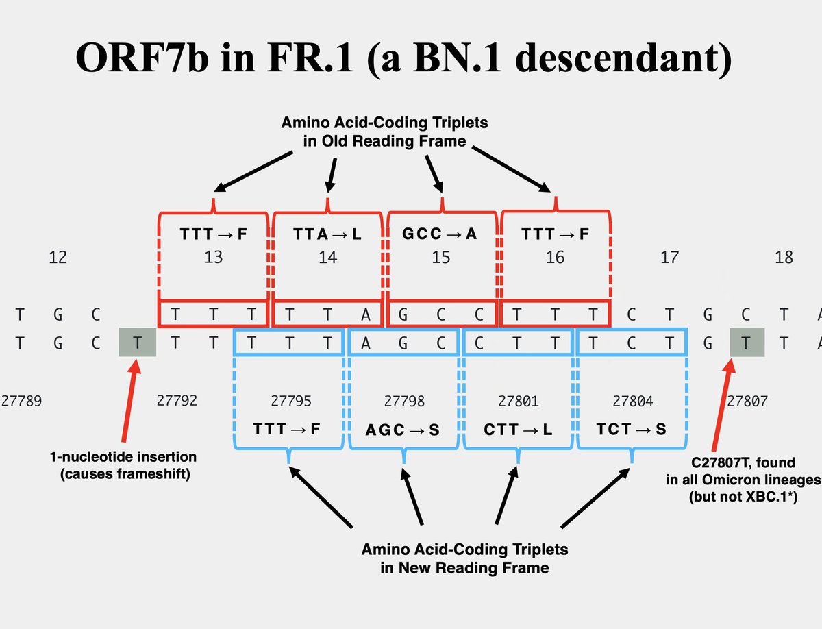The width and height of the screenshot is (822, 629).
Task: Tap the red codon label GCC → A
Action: pyautogui.click(x=441, y=234)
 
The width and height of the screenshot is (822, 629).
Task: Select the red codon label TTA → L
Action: pyautogui.click(x=327, y=234)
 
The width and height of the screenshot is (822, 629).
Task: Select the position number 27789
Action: pyautogui.click(x=21, y=401)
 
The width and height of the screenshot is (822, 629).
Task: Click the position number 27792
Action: pyautogui.click(x=177, y=400)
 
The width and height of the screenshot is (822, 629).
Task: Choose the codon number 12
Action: pyautogui.click(x=58, y=257)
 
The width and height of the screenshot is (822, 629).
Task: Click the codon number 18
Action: pyautogui.click(x=784, y=257)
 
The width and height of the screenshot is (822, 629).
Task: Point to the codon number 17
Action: pyautogui.click(x=669, y=257)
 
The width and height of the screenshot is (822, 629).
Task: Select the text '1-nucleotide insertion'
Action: pyautogui.click(x=123, y=457)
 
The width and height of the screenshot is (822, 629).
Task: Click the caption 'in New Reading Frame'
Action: pyautogui.click(x=464, y=567)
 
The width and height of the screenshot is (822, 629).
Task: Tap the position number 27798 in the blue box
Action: pyautogui.click(x=403, y=401)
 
